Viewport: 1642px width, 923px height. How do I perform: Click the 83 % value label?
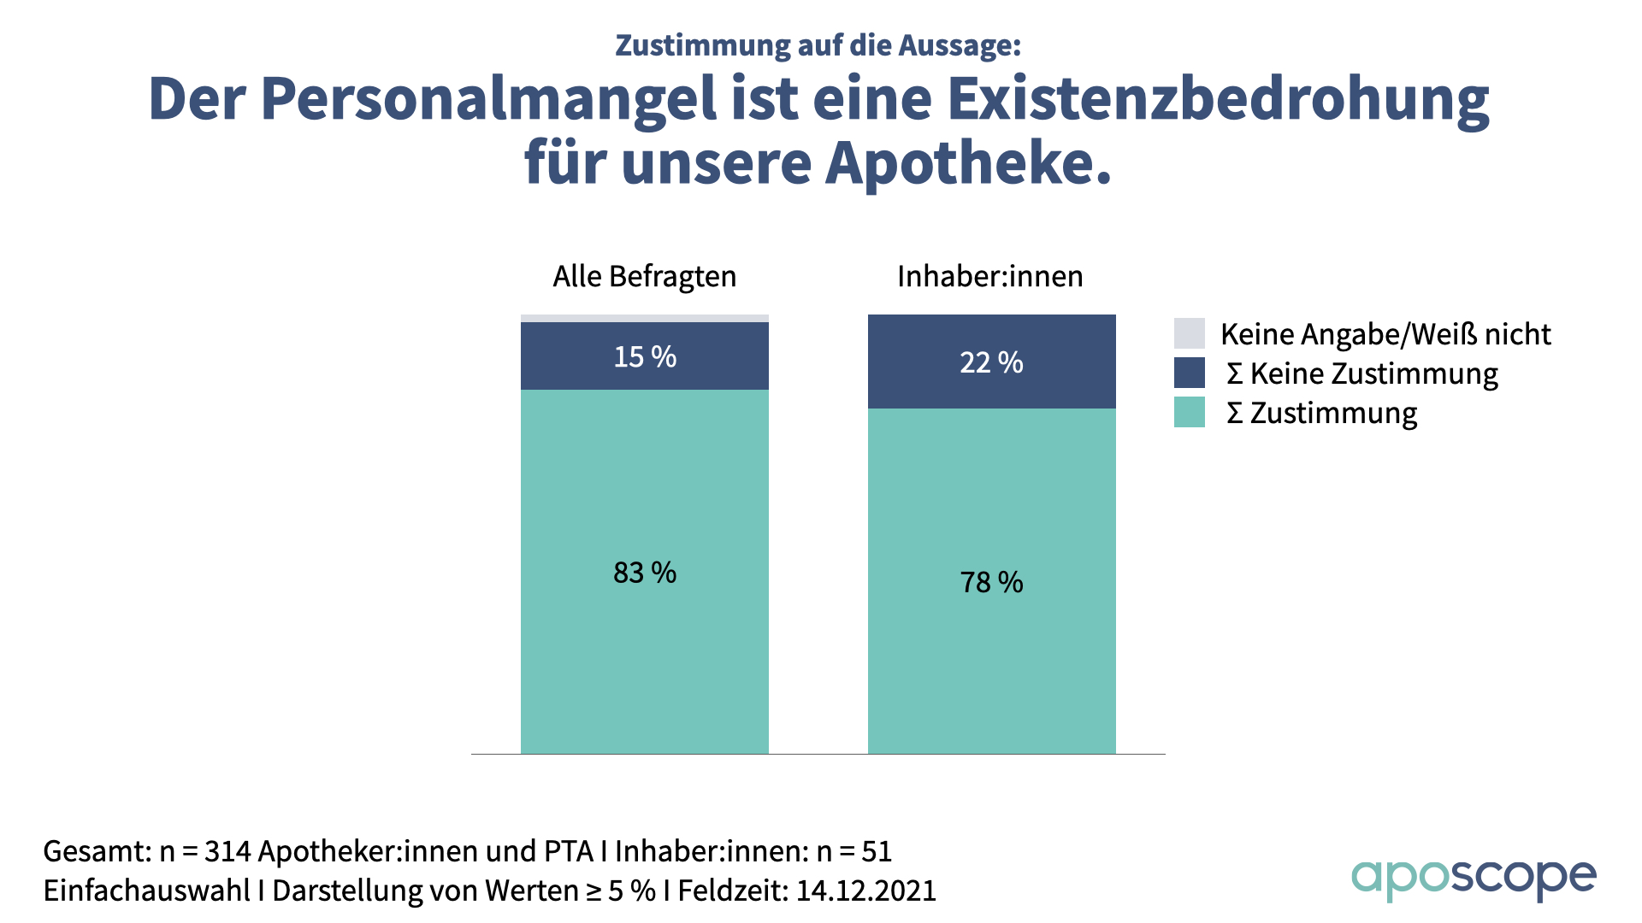tap(645, 573)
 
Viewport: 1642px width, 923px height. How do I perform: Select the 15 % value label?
tap(645, 356)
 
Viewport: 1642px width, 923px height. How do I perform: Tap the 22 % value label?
tap(991, 362)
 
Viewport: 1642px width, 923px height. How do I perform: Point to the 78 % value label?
tap(991, 582)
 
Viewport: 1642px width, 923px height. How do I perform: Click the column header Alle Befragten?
tap(644, 276)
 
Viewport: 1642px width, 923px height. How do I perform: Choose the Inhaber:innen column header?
tap(989, 276)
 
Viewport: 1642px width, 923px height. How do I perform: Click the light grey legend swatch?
tap(1189, 333)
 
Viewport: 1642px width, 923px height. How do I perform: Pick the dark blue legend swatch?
tap(1189, 373)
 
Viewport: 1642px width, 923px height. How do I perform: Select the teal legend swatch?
tap(1189, 412)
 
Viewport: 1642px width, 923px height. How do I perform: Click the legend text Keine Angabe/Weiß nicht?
tap(1385, 334)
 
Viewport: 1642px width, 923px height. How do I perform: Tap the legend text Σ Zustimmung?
tap(1321, 413)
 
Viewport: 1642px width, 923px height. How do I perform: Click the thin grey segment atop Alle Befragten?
tap(645, 319)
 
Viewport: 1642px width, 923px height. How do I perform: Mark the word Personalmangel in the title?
tap(488, 100)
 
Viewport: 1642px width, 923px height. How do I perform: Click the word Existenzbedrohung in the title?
tap(1218, 100)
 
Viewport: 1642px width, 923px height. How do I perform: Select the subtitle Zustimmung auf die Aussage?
tap(818, 45)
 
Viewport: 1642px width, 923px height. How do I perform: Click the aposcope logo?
tap(1473, 879)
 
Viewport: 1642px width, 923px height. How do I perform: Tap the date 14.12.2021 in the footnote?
tap(865, 891)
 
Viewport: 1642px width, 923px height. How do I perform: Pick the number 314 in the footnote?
tap(227, 851)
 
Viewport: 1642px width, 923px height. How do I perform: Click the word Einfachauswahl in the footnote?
tap(146, 891)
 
